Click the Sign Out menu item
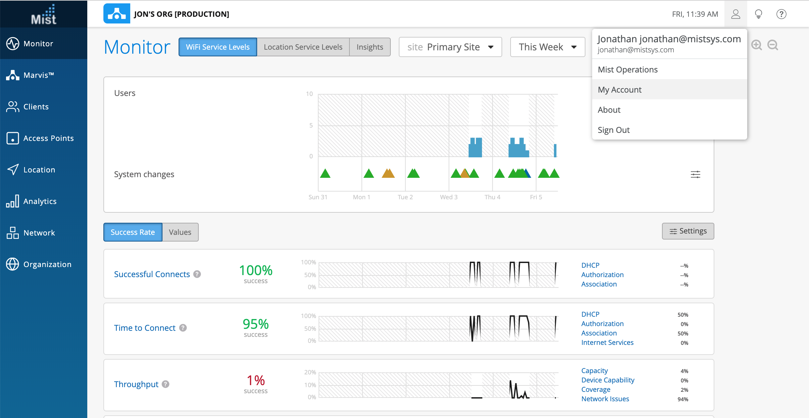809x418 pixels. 614,130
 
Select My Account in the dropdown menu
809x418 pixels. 619,90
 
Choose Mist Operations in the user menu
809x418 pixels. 627,69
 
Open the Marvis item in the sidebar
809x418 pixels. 38,75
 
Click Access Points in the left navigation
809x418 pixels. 48,138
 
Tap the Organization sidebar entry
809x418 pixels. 47,264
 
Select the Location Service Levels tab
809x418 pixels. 303,47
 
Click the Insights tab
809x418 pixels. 370,47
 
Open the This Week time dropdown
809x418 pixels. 547,47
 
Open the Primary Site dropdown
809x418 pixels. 450,47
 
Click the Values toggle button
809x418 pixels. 180,232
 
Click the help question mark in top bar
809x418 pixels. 781,14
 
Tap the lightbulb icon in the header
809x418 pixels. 758,14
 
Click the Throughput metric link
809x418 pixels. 136,384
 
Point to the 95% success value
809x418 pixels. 255,324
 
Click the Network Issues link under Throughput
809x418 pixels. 605,399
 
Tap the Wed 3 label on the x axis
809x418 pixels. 448,197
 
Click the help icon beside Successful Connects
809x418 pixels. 197,274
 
